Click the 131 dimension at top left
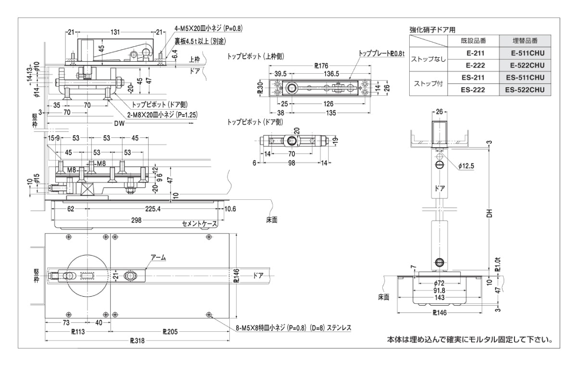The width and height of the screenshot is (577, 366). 115,32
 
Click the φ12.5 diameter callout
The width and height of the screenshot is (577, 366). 466,166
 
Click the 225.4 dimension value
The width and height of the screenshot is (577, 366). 152,209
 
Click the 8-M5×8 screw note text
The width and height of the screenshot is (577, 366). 293,328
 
